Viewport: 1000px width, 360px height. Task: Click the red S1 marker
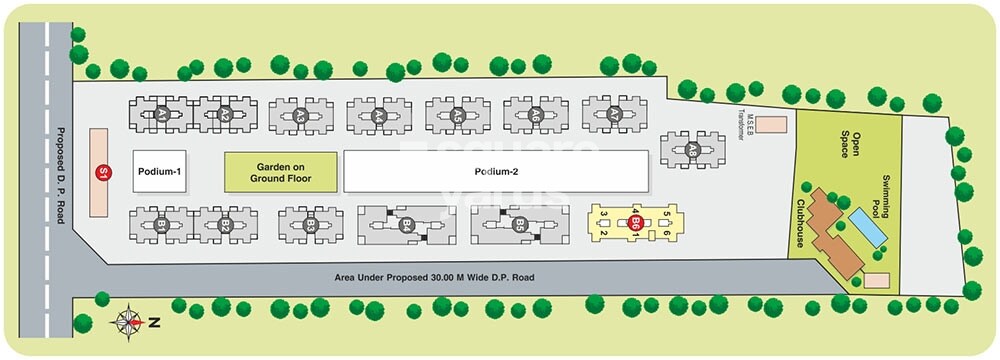click(101, 172)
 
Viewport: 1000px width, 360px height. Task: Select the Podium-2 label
click(497, 171)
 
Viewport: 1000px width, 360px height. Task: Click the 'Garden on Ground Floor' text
click(282, 173)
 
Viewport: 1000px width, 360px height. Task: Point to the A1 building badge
click(161, 115)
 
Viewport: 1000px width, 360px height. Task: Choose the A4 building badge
click(379, 116)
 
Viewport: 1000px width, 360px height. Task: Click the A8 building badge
click(692, 149)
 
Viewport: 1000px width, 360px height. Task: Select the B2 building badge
click(226, 226)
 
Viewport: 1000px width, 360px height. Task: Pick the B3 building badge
click(311, 226)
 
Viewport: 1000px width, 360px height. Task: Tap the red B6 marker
click(635, 224)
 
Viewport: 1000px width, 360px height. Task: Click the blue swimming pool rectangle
click(866, 228)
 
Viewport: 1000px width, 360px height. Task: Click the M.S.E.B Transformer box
click(770, 125)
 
